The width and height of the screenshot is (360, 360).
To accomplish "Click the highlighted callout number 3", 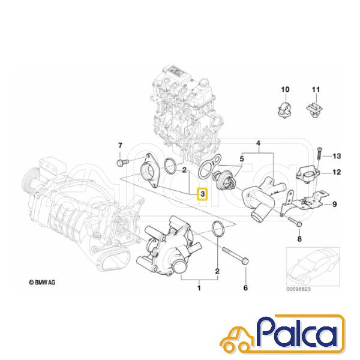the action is [202, 194].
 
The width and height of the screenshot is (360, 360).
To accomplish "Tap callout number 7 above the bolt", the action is [120, 146].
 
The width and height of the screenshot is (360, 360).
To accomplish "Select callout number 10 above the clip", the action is [285, 89].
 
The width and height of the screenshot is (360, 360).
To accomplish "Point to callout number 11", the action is [316, 89].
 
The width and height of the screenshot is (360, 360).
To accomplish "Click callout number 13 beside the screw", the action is [337, 156].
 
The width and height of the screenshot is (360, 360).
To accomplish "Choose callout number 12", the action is [337, 172].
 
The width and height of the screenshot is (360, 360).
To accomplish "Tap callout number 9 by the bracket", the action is [335, 204].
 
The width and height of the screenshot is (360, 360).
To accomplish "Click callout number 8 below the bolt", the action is [299, 239].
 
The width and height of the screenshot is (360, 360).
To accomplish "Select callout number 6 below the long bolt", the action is [245, 287].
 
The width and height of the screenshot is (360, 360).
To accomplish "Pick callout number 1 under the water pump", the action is [199, 287].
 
